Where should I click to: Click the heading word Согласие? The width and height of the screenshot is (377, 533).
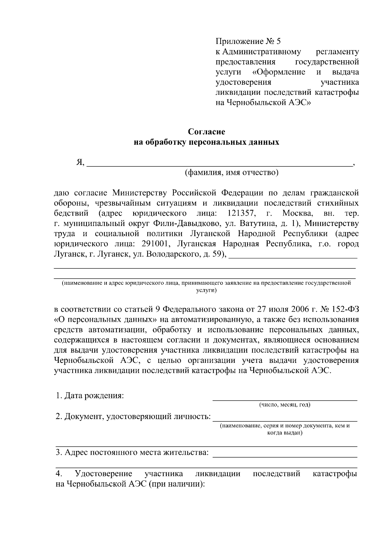click(x=206, y=131)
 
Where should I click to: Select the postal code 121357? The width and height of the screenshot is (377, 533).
click(x=241, y=214)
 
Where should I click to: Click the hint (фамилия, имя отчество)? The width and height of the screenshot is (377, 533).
click(x=231, y=172)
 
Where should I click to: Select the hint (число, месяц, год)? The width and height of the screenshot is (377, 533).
click(x=285, y=405)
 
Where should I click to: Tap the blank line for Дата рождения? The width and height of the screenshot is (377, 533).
click(x=285, y=399)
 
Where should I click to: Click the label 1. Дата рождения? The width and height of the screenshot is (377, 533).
click(x=90, y=396)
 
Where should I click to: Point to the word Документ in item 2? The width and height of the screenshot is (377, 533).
click(x=84, y=417)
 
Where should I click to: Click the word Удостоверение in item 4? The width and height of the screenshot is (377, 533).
click(x=103, y=474)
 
